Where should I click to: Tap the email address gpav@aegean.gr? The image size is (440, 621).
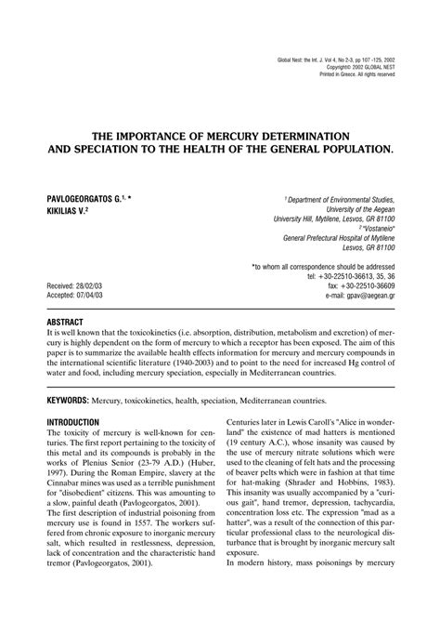(x=362, y=296)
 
